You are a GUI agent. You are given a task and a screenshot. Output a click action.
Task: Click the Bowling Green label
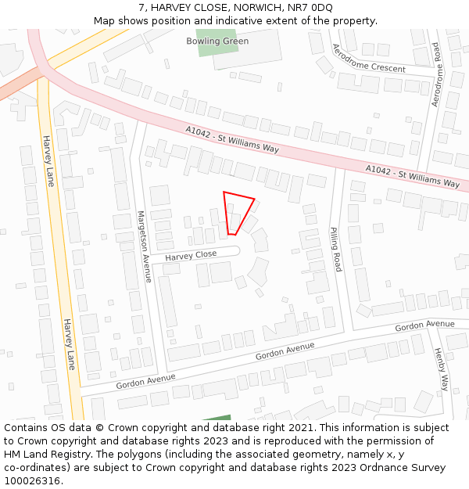click(x=217, y=41)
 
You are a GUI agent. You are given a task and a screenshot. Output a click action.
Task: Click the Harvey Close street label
click(x=191, y=255)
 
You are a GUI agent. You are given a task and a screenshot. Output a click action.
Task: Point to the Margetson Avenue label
click(x=144, y=246)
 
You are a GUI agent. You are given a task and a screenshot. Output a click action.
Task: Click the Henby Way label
click(x=442, y=369)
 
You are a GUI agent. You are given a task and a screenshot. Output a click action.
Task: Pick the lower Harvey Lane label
click(x=69, y=344)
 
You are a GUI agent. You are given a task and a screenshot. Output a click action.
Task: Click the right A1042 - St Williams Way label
click(x=413, y=177)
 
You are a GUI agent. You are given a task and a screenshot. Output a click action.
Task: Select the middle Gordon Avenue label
click(x=285, y=351)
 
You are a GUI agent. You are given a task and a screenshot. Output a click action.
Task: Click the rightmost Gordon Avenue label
click(x=424, y=325)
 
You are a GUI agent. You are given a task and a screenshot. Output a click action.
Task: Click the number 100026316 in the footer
click(x=30, y=481)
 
